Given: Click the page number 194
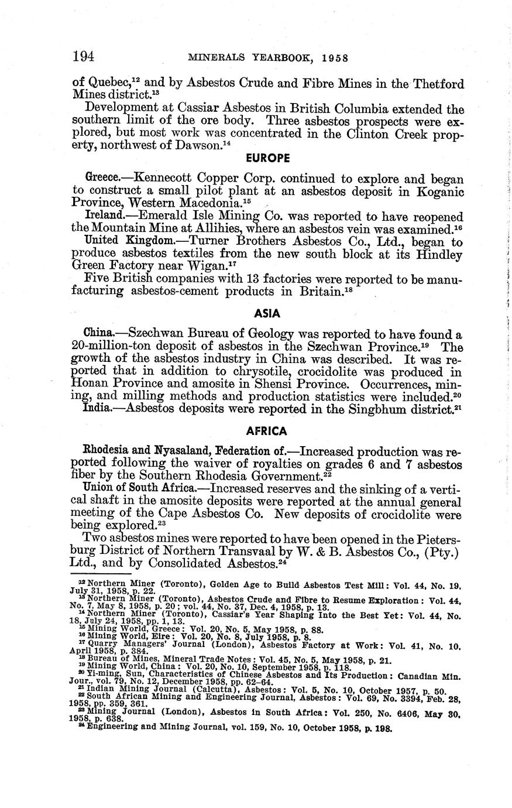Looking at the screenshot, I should pos(84,57).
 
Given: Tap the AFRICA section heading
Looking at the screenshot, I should pos(267,431).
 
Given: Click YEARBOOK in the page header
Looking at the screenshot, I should pos(286,57).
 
